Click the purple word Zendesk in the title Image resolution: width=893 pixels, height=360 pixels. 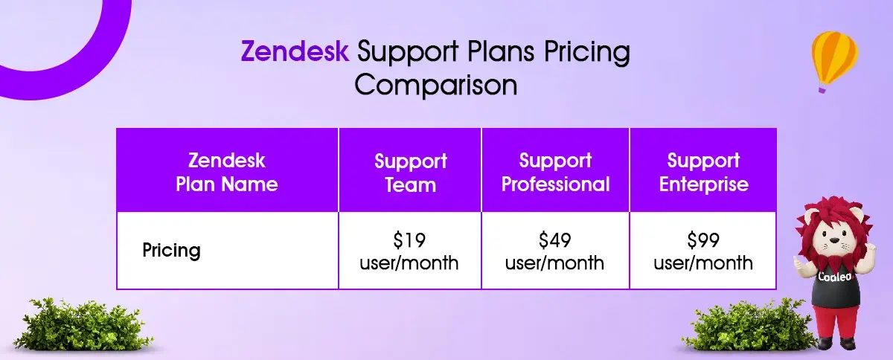pos(295,51)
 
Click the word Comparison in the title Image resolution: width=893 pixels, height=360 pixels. pos(436,85)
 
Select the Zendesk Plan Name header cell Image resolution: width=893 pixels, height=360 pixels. pos(227,170)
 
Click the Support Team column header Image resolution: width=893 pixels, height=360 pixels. pos(410,170)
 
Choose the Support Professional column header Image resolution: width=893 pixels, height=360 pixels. pos(555,170)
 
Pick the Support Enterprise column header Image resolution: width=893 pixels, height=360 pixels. pos(703,170)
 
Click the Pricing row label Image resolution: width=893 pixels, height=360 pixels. pos(171,251)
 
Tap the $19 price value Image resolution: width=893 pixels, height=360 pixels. pos(409,240)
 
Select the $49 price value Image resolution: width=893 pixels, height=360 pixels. pos(555,240)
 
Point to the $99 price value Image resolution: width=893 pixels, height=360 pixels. pos(703,240)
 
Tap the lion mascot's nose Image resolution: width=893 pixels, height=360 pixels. pos(835,240)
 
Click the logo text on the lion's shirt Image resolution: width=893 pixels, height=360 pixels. pos(835,277)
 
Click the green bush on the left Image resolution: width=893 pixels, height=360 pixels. pos(83,324)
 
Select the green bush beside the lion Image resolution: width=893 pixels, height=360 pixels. pos(746,325)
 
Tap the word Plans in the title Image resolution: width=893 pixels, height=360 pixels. pos(501,51)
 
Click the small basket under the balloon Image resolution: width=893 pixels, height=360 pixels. pos(822,90)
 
